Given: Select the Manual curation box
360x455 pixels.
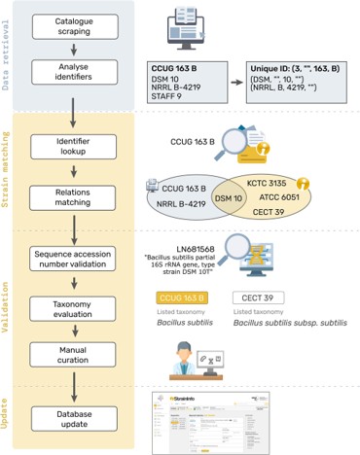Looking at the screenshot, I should click(x=75, y=354).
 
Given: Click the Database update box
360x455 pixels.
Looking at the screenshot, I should click(x=75, y=415).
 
